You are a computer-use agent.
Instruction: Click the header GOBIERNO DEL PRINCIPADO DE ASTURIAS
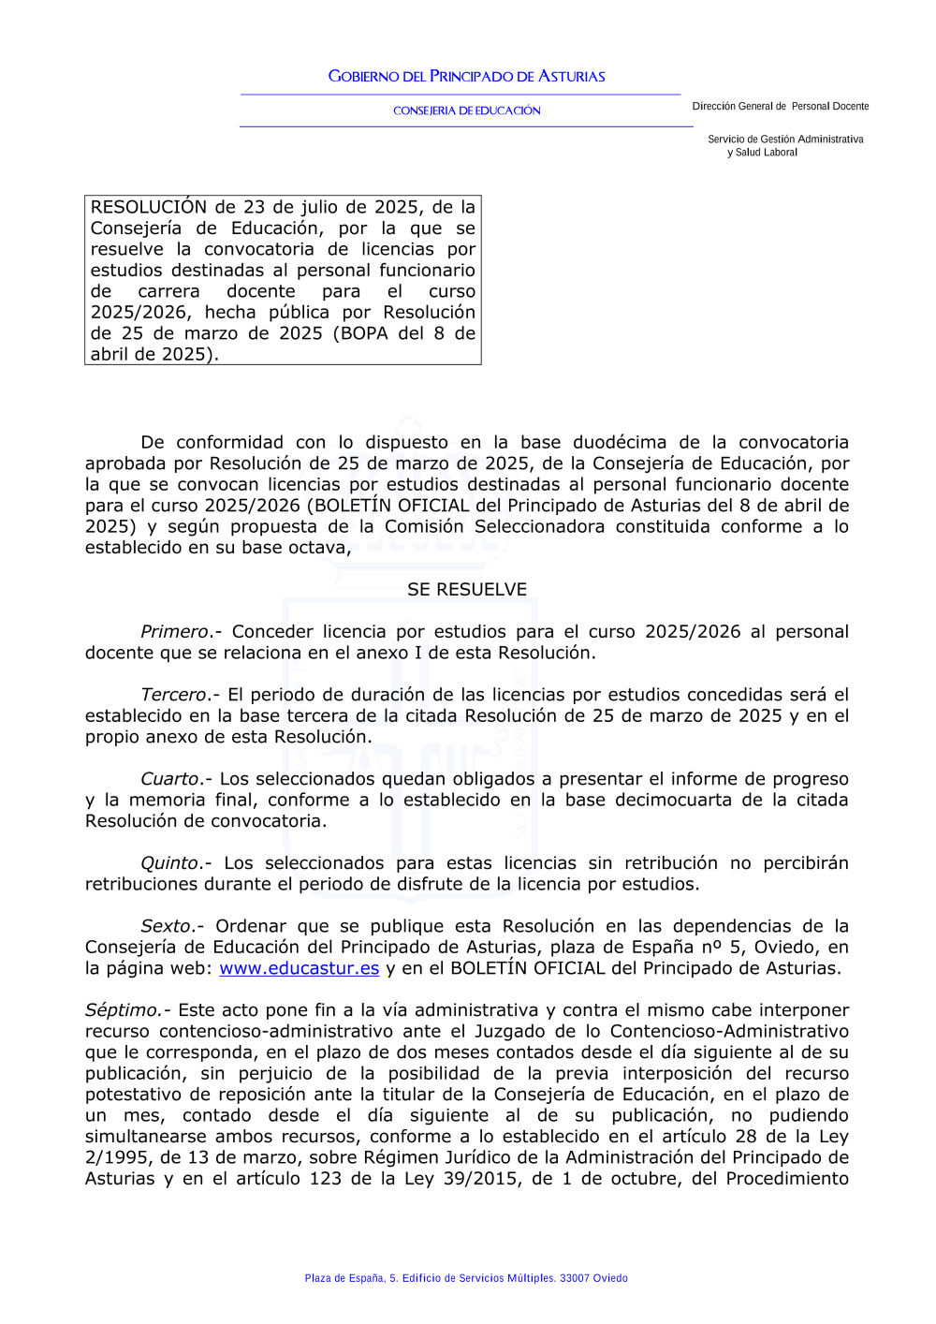click(x=466, y=77)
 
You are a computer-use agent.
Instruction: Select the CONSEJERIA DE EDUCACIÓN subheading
click(x=466, y=110)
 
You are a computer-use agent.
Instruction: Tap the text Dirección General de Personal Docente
click(x=780, y=107)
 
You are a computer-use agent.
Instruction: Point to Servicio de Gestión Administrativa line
click(x=785, y=140)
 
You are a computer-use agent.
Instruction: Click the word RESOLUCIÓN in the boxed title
click(x=149, y=207)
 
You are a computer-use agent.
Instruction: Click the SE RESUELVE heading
click(x=467, y=590)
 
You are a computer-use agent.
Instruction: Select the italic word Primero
click(x=174, y=632)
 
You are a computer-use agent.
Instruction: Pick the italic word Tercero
click(x=173, y=695)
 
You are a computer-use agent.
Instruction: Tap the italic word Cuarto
click(x=169, y=779)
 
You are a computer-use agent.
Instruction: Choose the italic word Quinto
click(x=170, y=863)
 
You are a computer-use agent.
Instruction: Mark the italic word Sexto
click(x=166, y=926)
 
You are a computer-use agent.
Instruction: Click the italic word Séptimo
click(x=123, y=1010)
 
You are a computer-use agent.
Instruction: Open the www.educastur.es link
click(x=300, y=968)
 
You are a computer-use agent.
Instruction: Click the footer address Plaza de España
click(x=344, y=1278)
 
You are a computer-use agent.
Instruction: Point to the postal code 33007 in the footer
click(x=575, y=1278)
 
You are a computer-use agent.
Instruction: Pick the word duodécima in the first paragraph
click(x=620, y=443)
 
